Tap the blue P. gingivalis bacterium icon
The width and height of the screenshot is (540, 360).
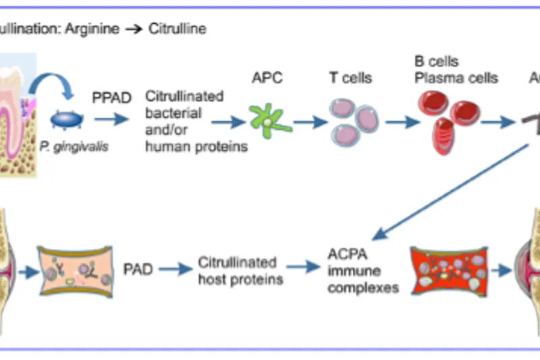[67, 120]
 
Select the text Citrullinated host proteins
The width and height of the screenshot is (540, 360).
[238, 269]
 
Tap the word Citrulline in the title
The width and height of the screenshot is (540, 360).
[178, 29]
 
